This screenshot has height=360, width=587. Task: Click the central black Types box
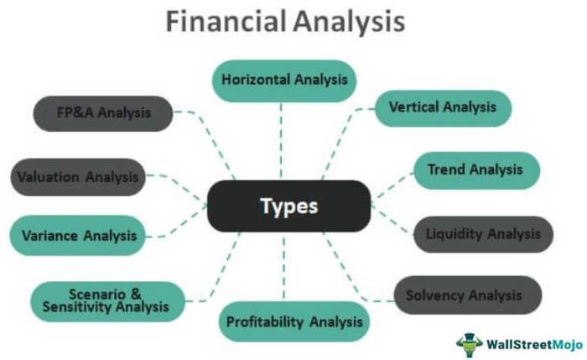tap(289, 206)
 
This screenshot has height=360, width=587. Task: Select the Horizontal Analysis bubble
tap(284, 81)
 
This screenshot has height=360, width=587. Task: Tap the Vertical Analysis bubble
tap(444, 108)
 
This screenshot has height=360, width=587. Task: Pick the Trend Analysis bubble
tap(476, 170)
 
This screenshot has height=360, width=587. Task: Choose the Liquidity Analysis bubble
tap(483, 234)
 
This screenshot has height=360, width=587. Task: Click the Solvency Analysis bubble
tap(468, 295)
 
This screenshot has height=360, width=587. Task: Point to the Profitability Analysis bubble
tap(293, 321)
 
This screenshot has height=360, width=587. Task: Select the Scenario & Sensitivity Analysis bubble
tap(108, 301)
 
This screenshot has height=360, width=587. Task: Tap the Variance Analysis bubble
tap(77, 236)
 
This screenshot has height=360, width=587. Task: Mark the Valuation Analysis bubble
tap(78, 177)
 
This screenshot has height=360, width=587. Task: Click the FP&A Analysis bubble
tap(103, 113)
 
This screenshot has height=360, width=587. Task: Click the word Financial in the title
tap(226, 21)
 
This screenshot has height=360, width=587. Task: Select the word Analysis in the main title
tap(349, 23)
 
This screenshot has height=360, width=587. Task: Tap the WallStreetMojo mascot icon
tap(469, 345)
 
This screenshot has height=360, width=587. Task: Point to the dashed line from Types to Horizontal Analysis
tap(281, 141)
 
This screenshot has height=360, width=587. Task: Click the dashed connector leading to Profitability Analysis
tap(283, 267)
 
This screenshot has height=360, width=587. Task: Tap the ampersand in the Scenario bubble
tap(136, 294)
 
